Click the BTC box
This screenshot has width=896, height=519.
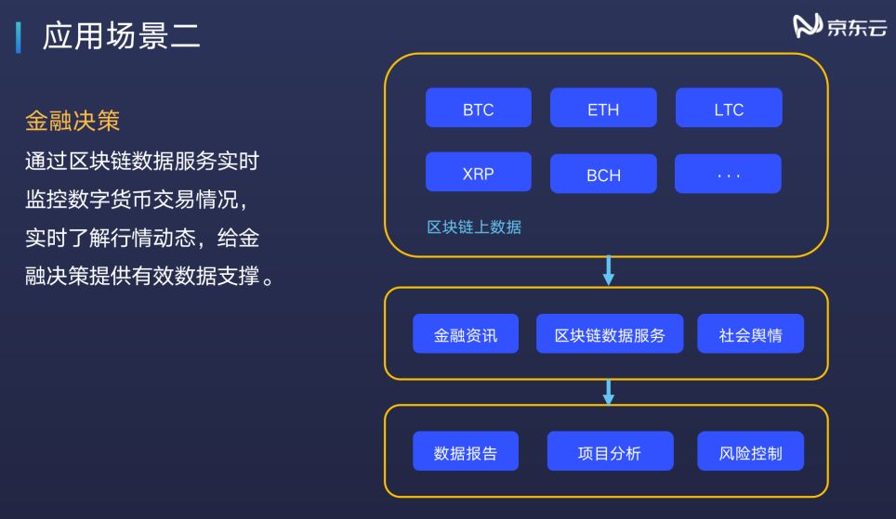478,108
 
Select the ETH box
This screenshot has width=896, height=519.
603,108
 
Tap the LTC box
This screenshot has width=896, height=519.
729,108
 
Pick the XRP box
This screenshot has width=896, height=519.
478,173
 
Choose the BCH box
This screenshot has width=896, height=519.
603,174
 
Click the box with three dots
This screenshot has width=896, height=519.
729,174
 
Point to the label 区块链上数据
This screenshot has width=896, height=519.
474,227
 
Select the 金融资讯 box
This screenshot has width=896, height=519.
466,334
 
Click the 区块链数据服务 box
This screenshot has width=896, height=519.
610,334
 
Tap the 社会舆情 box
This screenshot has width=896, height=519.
750,334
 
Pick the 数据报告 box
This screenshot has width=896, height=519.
466,452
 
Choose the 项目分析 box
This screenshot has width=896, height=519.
609,452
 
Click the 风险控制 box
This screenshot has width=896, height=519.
750,452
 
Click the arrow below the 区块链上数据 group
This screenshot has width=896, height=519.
609,270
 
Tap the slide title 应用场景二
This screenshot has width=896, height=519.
121,37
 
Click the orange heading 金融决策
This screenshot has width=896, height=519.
72,122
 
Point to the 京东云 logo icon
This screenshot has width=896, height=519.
808,27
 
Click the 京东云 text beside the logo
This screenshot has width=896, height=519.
856,28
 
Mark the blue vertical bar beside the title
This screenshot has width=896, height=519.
19,38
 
